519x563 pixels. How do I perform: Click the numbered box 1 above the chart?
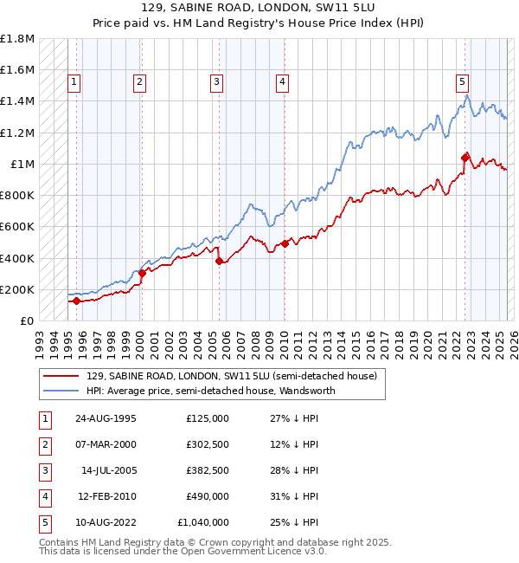(74, 82)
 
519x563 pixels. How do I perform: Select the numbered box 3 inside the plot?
(216, 82)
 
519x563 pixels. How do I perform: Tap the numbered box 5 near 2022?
(463, 82)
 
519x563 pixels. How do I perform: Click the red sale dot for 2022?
(465, 158)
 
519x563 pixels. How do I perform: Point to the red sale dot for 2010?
(285, 244)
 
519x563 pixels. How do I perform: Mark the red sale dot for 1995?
(76, 301)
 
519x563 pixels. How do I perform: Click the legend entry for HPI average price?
(210, 391)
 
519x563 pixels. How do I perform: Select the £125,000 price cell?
(208, 418)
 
